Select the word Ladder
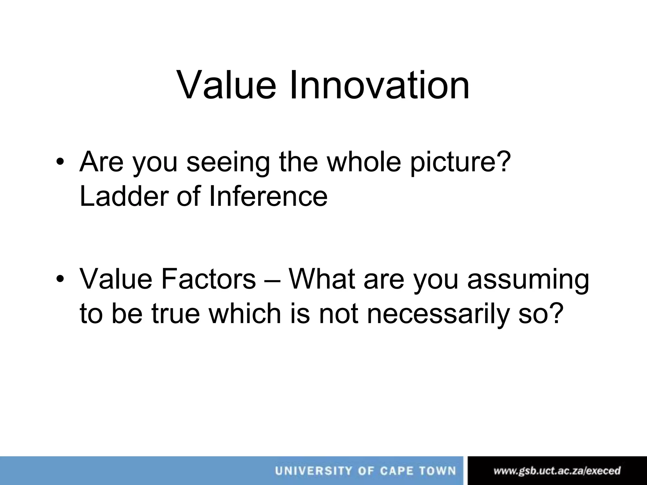pos(123,196)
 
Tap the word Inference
pos(268,196)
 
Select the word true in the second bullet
pos(176,314)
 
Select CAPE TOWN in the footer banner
pos(418,471)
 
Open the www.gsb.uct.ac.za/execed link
pos(557,471)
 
